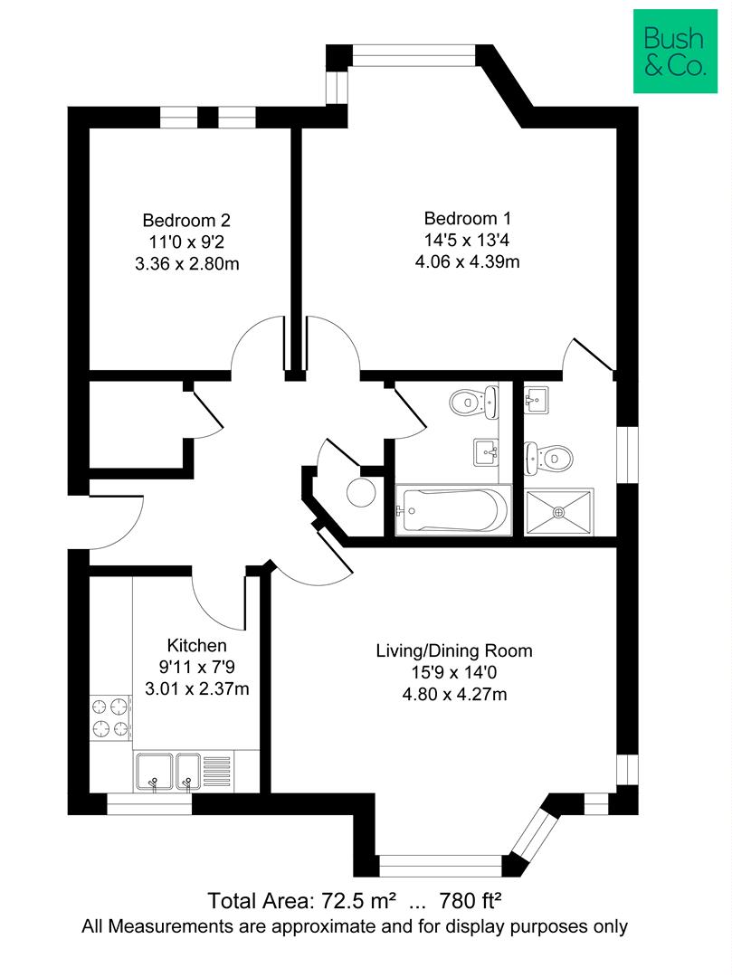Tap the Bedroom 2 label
click(x=186, y=221)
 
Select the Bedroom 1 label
click(x=467, y=219)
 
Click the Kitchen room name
click(x=197, y=646)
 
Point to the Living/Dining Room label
click(x=454, y=651)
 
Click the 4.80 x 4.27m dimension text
click(x=454, y=694)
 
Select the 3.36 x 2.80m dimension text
click(x=187, y=264)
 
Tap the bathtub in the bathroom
click(x=453, y=509)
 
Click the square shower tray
click(x=559, y=512)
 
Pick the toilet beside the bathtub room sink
click(x=474, y=402)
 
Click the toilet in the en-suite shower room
click(x=548, y=458)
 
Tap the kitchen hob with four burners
click(x=111, y=717)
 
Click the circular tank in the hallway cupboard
click(x=361, y=493)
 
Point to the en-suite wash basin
click(x=536, y=400)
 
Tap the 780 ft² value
click(x=471, y=901)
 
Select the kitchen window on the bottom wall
click(x=149, y=804)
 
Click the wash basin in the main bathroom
click(x=486, y=451)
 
